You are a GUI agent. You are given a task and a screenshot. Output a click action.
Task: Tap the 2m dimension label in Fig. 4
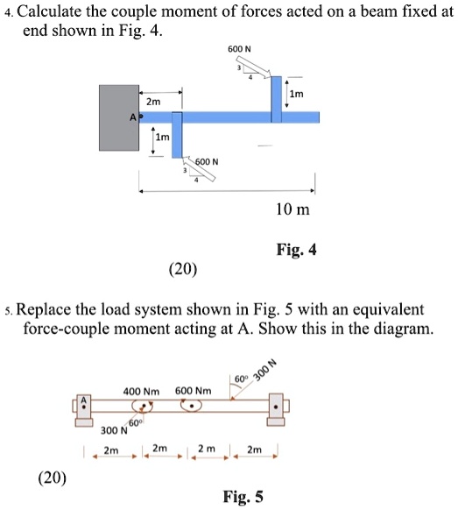click(x=153, y=102)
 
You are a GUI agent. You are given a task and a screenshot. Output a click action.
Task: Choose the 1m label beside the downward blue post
click(x=162, y=138)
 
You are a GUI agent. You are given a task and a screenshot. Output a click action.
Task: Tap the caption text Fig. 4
click(x=298, y=250)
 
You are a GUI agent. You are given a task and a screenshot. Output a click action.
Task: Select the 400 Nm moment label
click(x=141, y=390)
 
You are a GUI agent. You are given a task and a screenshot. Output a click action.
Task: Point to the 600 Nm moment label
click(x=194, y=390)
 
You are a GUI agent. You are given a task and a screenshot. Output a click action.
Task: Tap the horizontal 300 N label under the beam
click(x=111, y=430)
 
